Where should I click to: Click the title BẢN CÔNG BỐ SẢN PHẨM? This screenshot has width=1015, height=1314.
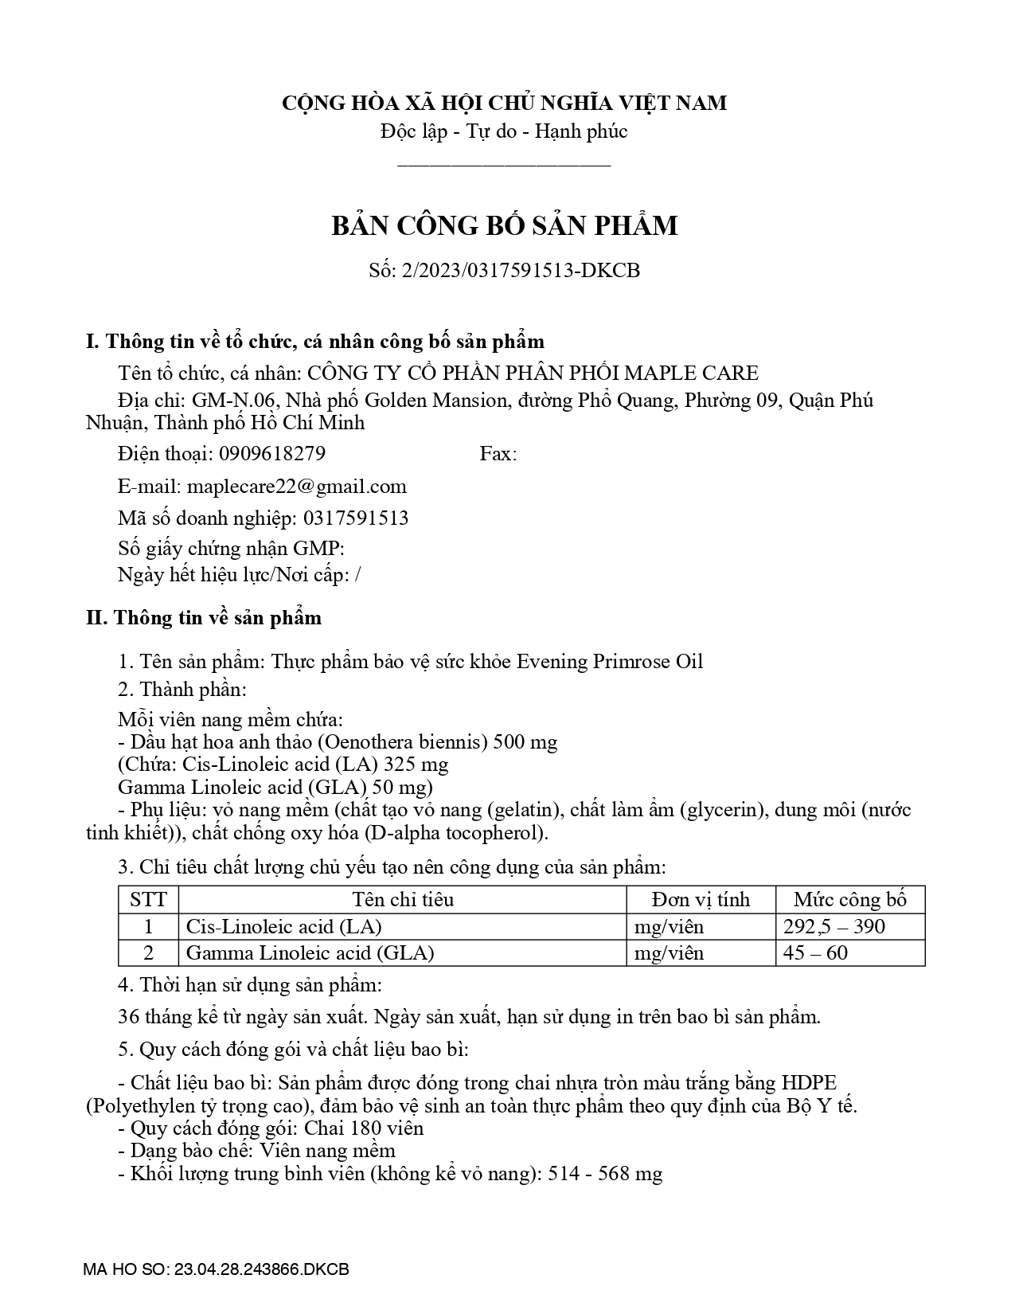coord(505,226)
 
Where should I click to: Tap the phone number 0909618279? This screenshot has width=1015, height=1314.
coord(271,454)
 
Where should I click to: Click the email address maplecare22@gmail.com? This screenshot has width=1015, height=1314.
coord(296,487)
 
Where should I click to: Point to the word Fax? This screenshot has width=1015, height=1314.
coord(498,454)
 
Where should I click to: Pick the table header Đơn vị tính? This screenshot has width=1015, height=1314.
coord(701,900)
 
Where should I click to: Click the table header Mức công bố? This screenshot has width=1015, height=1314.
coord(850,900)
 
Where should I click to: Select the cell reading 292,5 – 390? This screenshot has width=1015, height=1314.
coord(833,926)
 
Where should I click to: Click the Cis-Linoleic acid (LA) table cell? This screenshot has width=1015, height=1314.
coord(283,926)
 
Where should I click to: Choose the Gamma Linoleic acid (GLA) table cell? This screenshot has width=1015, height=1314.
coord(310,952)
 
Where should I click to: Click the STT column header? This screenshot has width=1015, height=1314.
coord(148,900)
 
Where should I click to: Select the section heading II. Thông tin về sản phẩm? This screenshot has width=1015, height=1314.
coord(204,618)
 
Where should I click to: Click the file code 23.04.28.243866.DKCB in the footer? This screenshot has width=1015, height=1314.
coord(260,1269)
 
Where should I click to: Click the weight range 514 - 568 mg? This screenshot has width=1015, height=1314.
coord(605,1174)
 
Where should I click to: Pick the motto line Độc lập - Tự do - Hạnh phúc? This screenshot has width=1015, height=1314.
coord(504,131)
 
